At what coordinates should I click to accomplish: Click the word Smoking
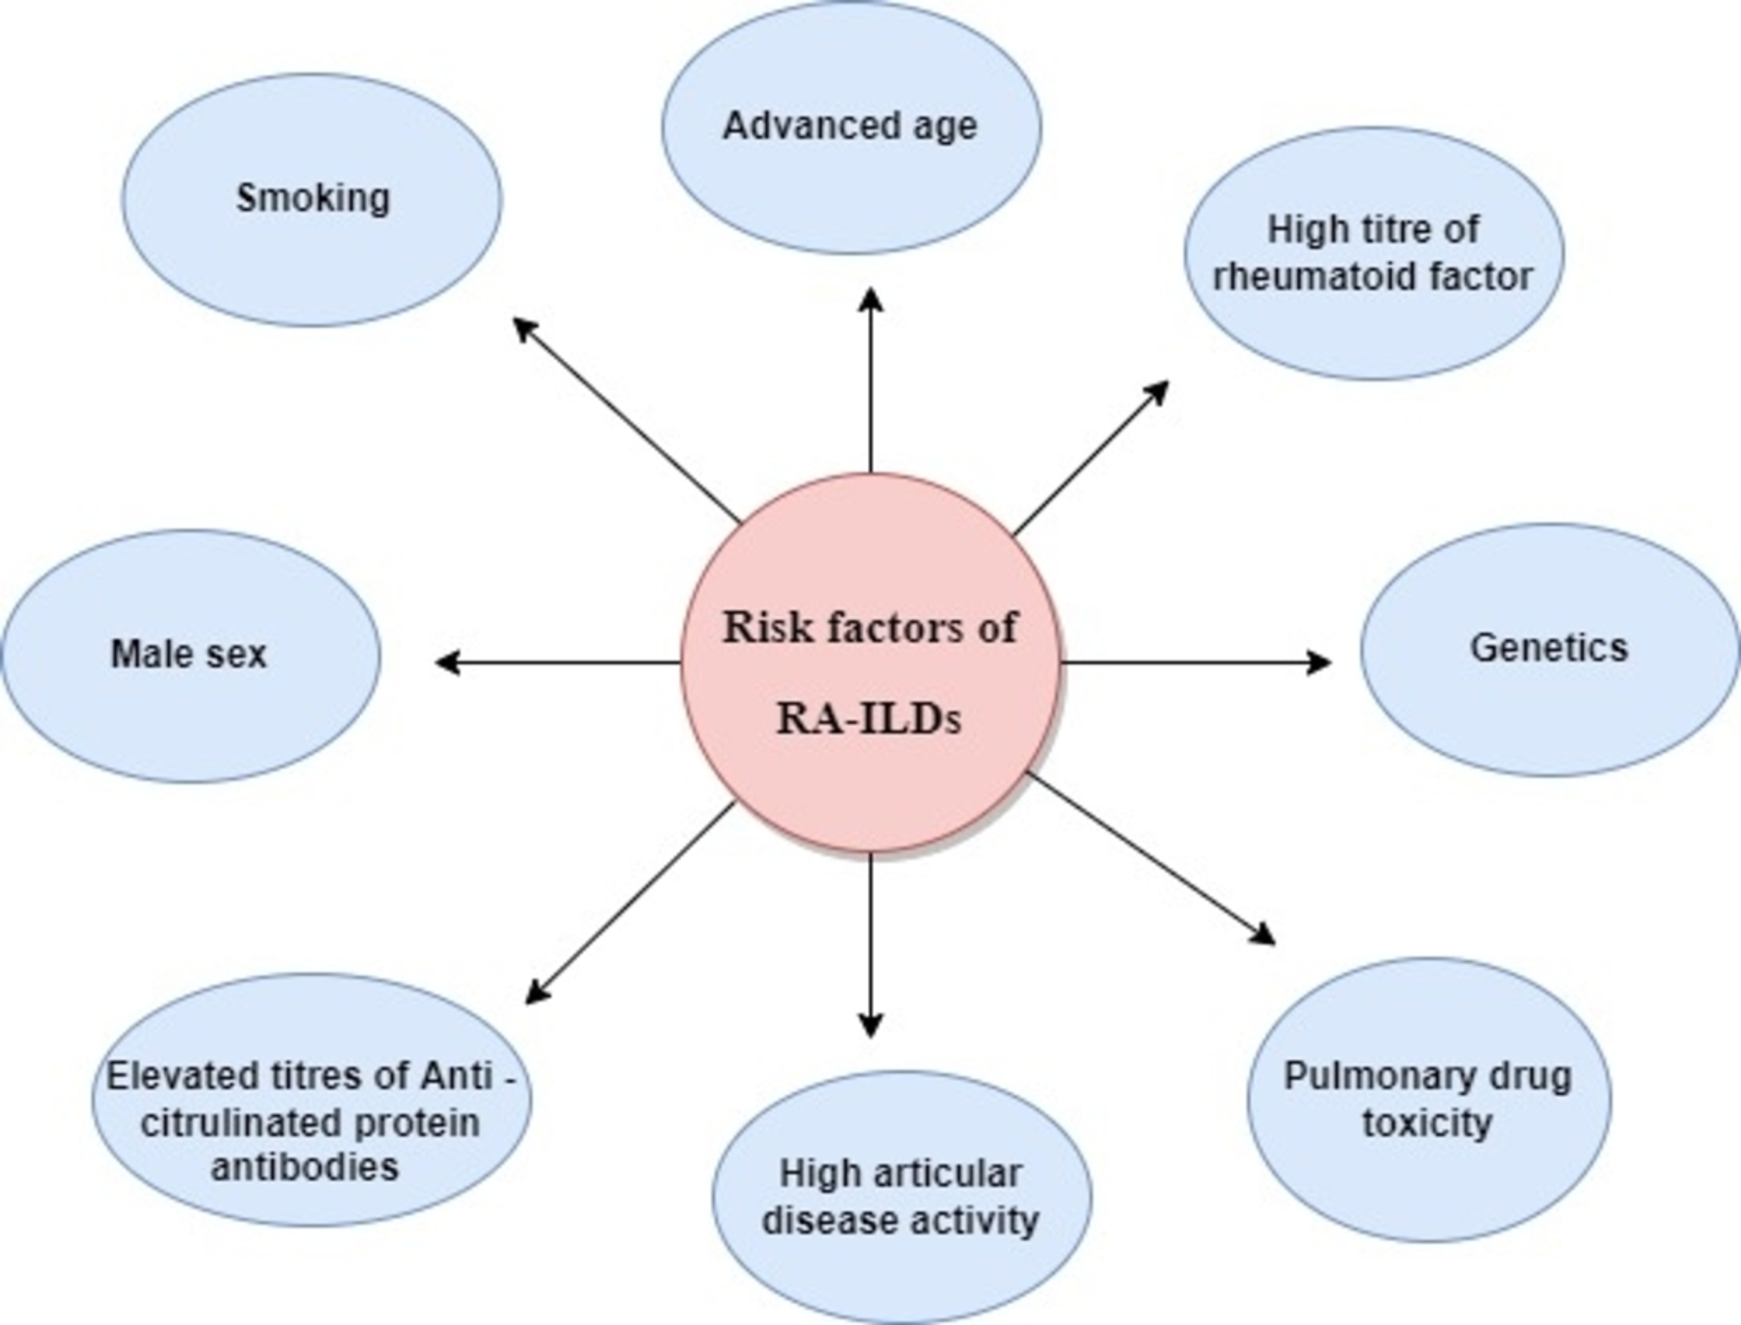pyautogui.click(x=313, y=198)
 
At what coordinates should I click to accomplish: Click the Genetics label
pyautogui.click(x=1548, y=649)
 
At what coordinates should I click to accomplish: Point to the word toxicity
pyautogui.click(x=1427, y=1123)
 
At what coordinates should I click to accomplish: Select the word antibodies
pyautogui.click(x=305, y=1167)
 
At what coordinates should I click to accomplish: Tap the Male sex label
pyautogui.click(x=189, y=654)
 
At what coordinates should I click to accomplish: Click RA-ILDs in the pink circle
pyautogui.click(x=869, y=720)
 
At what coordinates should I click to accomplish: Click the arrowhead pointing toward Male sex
pyautogui.click(x=446, y=662)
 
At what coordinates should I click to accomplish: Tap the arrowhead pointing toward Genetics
pyautogui.click(x=1320, y=662)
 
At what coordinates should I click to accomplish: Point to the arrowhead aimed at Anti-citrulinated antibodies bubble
pyautogui.click(x=536, y=994)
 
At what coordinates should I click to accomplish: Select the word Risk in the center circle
pyautogui.click(x=768, y=629)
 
